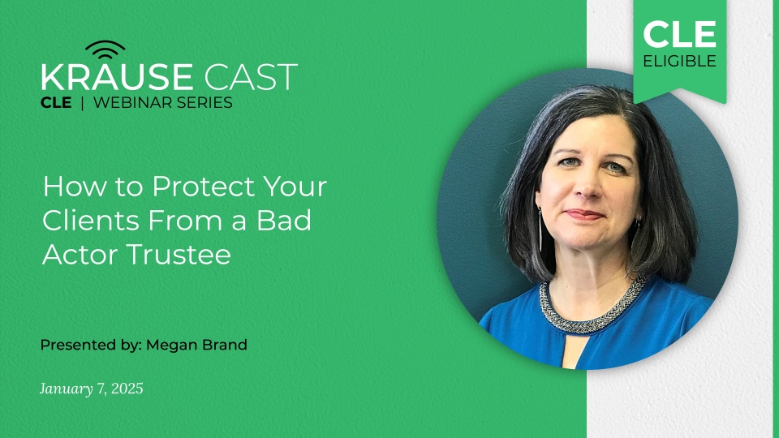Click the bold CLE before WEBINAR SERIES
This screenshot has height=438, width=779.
56,103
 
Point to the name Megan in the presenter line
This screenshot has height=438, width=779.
173,345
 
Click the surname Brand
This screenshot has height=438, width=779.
224,345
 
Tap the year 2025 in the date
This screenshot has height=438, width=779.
126,389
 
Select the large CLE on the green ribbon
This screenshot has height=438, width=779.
680,35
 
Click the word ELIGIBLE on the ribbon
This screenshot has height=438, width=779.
680,62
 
